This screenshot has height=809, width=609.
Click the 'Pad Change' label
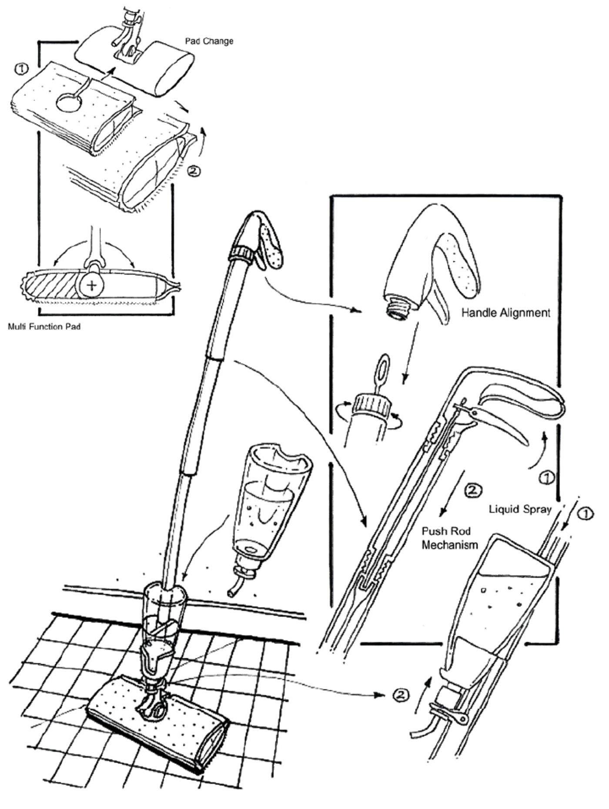pyautogui.click(x=209, y=41)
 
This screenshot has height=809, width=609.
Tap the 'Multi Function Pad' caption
pyautogui.click(x=44, y=327)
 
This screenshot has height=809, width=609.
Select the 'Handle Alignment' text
pyautogui.click(x=506, y=313)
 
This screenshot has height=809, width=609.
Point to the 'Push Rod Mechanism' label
pyautogui.click(x=450, y=538)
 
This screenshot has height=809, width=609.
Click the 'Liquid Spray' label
pyautogui.click(x=520, y=509)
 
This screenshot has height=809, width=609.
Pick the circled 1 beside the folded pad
pyautogui.click(x=21, y=69)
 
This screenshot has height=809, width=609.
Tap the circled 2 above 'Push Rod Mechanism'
pyautogui.click(x=473, y=491)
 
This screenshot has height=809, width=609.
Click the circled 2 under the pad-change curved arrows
pyautogui.click(x=194, y=171)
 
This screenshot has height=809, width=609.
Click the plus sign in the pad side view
pyautogui.click(x=92, y=286)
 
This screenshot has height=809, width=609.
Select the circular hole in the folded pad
pyautogui.click(x=70, y=104)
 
